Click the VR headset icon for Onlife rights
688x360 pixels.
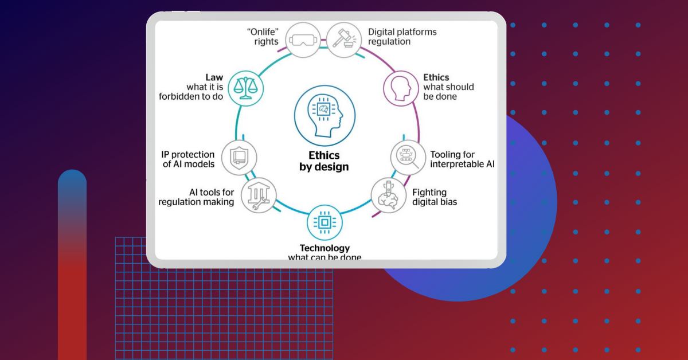[x=303, y=40]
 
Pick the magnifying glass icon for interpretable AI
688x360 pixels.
[x=409, y=157]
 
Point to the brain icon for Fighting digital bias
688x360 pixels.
[x=388, y=195]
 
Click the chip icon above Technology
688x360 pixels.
[x=325, y=222]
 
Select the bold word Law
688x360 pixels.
[x=214, y=77]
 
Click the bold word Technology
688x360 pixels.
[x=325, y=248]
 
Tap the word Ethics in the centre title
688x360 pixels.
[x=324, y=155]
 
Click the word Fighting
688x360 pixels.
[x=429, y=193]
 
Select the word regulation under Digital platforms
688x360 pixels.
[x=390, y=41]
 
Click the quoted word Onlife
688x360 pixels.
[x=266, y=32]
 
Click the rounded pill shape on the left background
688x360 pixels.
[x=72, y=264]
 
